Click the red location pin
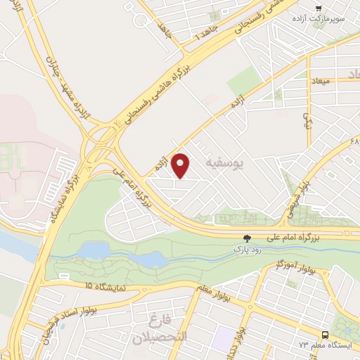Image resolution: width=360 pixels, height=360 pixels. click(x=182, y=165)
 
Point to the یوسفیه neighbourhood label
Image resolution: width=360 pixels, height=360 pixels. click(x=225, y=164)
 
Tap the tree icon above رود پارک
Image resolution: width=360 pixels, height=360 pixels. click(x=246, y=238)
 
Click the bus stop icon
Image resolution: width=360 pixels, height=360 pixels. click(x=326, y=335)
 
